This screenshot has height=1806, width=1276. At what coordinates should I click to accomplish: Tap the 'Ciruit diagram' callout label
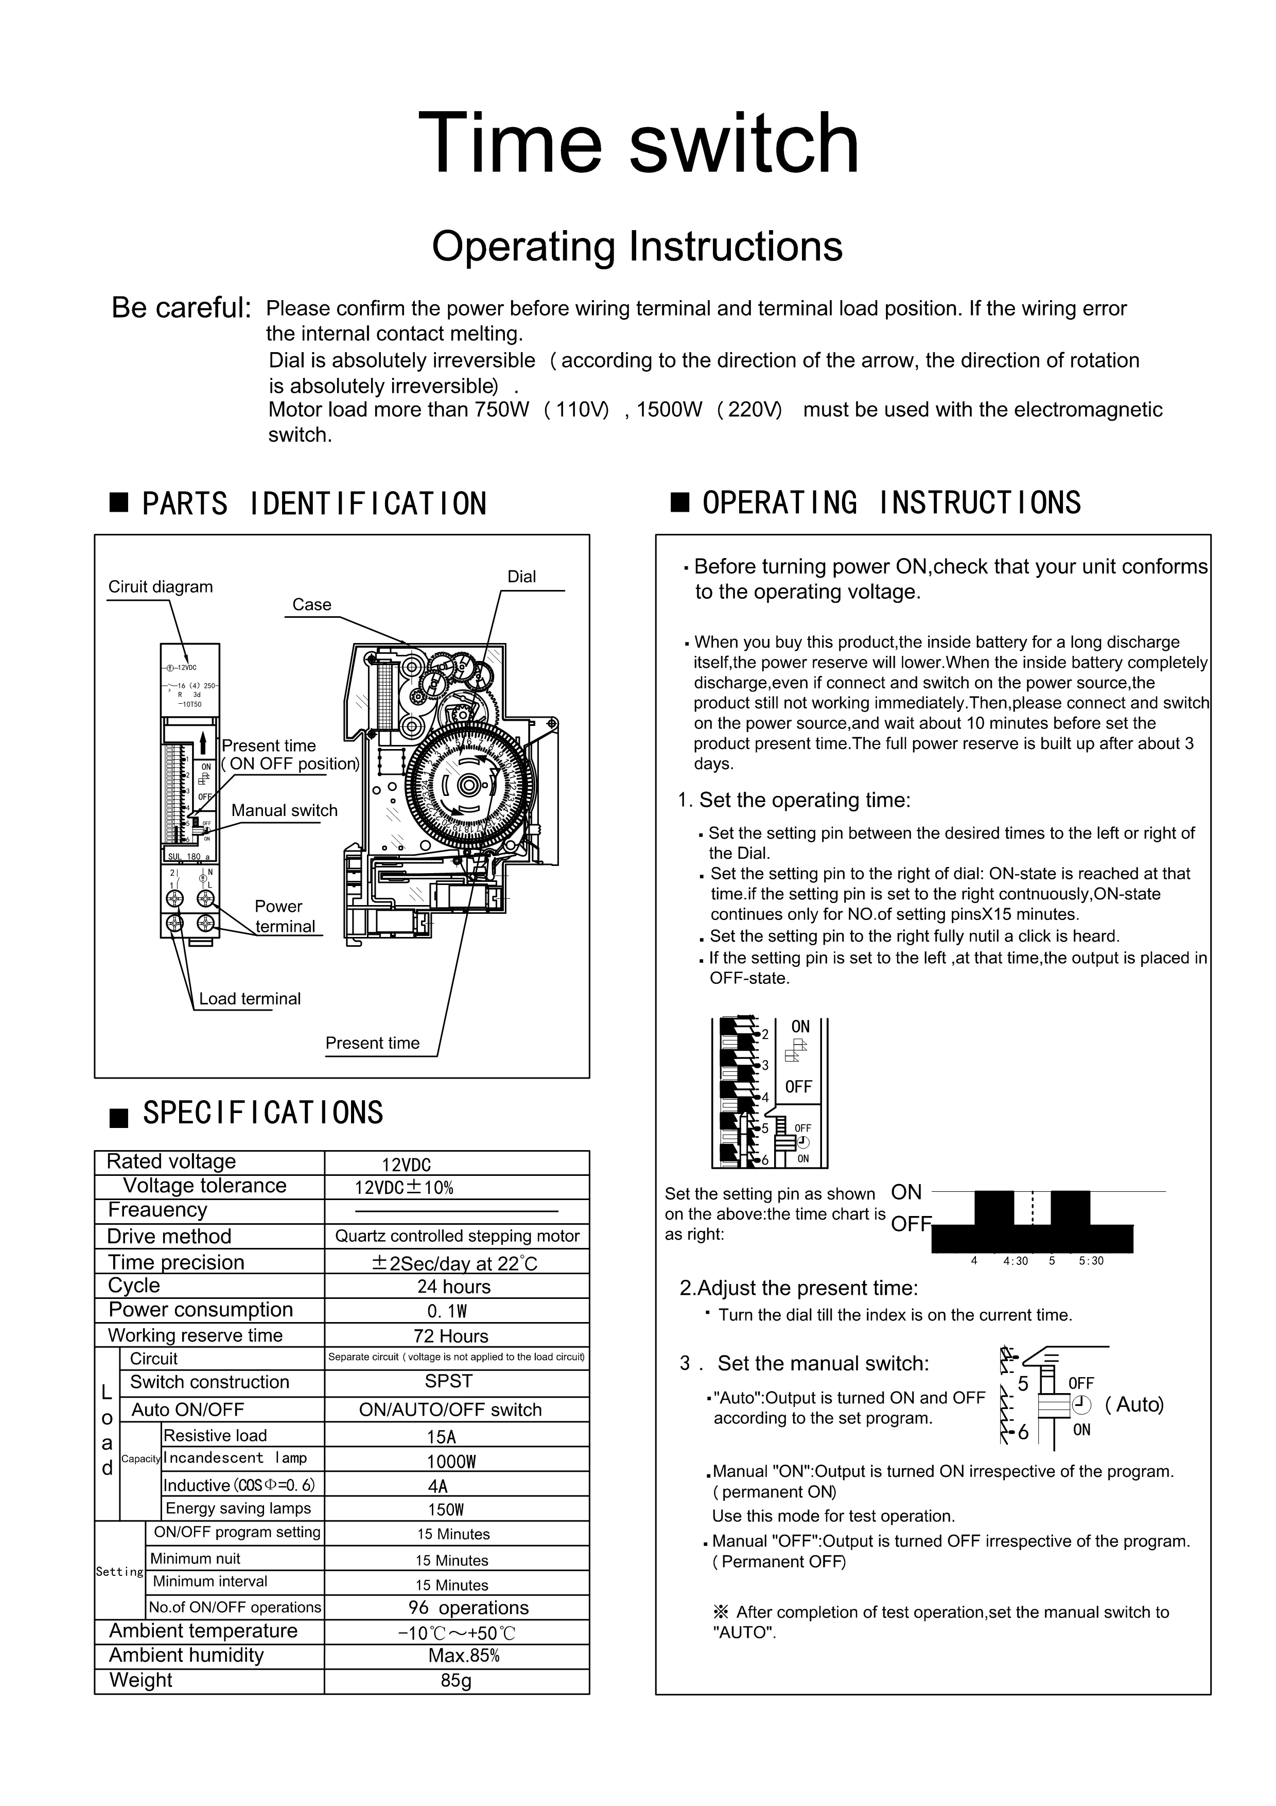[x=161, y=587]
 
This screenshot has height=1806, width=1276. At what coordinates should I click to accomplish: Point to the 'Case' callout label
[x=311, y=604]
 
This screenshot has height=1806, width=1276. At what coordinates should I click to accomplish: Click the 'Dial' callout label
[x=521, y=577]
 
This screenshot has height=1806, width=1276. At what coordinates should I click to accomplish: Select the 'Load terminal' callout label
[x=249, y=998]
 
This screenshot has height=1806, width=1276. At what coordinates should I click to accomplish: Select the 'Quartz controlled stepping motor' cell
[x=457, y=1236]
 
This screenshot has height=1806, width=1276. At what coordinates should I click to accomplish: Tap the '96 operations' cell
[x=468, y=1608]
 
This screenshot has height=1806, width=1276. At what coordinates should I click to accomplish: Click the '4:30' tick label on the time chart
[x=1015, y=1261]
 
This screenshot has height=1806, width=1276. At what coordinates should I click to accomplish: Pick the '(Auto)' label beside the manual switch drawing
[x=1134, y=1404]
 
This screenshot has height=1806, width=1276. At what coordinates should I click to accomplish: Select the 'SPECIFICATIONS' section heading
[x=263, y=1113]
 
